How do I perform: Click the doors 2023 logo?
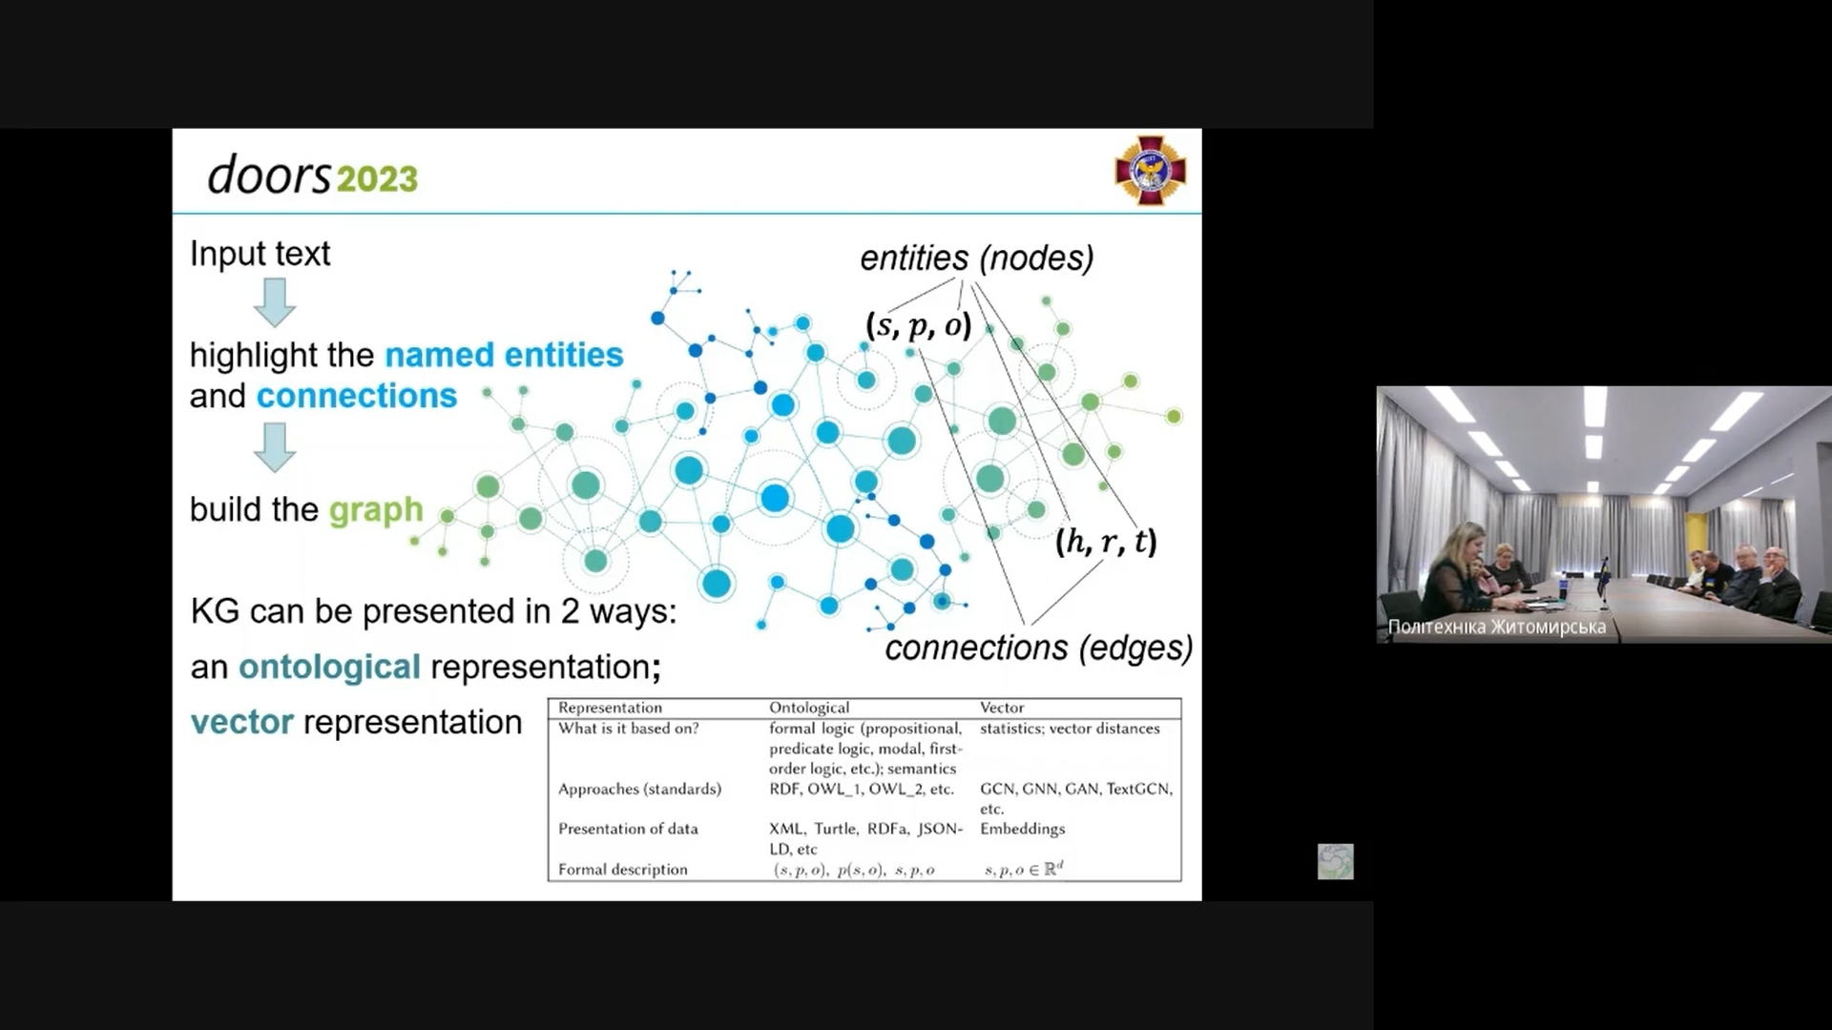(x=313, y=176)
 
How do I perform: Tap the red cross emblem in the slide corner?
(x=1151, y=171)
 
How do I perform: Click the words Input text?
(x=260, y=254)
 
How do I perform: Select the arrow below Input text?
(x=275, y=302)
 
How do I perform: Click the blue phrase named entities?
(x=504, y=355)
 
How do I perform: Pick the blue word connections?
(x=357, y=396)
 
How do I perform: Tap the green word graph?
(x=376, y=510)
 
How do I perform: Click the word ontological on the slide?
(x=329, y=667)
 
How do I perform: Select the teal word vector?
(x=242, y=722)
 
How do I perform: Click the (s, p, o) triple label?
(x=918, y=325)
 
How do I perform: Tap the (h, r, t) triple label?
(x=1106, y=542)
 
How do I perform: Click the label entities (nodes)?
(x=977, y=257)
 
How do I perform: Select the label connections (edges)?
(x=1039, y=648)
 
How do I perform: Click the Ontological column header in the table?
(x=809, y=708)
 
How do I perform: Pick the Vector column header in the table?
(x=1002, y=708)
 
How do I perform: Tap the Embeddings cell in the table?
(x=1022, y=829)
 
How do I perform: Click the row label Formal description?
(x=623, y=869)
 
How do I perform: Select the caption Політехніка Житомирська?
(x=1497, y=627)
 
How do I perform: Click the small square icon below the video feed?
(x=1335, y=861)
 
